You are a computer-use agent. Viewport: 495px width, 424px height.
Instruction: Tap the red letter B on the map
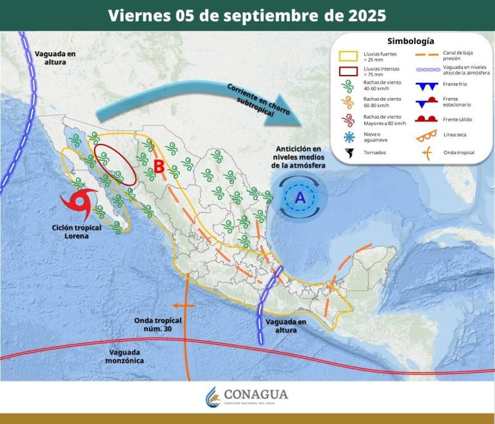pyautogui.click(x=157, y=167)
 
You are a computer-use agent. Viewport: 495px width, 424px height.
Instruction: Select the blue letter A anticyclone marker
pyautogui.click(x=300, y=198)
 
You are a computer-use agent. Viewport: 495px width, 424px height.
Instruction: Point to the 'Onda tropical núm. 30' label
pyautogui.click(x=158, y=325)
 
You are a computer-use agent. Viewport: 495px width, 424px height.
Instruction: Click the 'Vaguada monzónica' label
pyautogui.click(x=126, y=356)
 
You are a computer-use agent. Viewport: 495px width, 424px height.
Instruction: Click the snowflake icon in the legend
pyautogui.click(x=349, y=137)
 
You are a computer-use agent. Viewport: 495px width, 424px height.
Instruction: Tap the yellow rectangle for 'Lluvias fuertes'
pyautogui.click(x=349, y=56)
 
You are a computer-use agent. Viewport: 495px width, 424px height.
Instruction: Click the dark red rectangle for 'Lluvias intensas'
pyautogui.click(x=349, y=70)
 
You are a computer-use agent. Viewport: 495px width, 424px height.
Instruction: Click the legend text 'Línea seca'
pyautogui.click(x=455, y=135)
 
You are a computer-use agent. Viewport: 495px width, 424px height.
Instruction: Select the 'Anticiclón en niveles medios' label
pyautogui.click(x=299, y=156)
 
